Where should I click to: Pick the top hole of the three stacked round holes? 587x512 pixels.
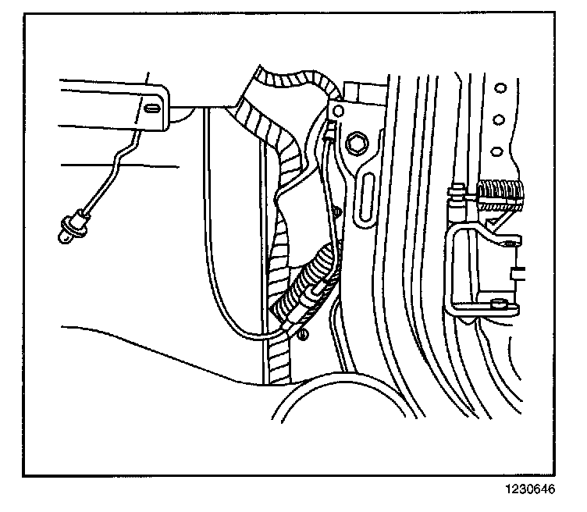[x=500, y=86]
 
